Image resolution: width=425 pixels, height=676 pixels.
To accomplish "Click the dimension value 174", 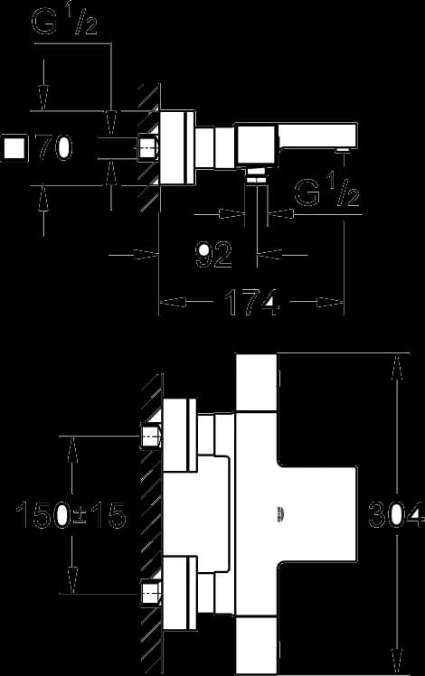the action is coord(252,302).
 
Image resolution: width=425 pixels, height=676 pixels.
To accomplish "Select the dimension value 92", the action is coord(213,254).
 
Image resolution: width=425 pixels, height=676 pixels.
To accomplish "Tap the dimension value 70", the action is coord(53,148).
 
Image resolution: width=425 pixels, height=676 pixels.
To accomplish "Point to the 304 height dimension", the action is coord(395,515).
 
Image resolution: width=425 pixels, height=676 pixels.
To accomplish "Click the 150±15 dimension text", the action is coord(71,515).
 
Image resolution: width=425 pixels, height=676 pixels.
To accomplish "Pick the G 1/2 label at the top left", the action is coord(65,20).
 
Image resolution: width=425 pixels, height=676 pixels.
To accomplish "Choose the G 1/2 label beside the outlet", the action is coord(326,192).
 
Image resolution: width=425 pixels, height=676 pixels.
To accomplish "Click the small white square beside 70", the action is coord(14,148).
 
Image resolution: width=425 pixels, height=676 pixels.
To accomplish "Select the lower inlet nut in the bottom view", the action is coord(151,594).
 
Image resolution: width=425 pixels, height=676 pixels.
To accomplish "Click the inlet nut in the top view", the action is coord(147,148).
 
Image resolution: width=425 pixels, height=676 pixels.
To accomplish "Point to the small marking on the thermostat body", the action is coord(281,515).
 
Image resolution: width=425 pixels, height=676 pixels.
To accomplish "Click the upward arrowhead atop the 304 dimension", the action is coord(397,367).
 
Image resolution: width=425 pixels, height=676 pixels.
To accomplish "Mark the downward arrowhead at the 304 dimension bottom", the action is coord(397,662).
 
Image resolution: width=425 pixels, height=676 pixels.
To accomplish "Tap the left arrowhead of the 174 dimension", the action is coord(173,303).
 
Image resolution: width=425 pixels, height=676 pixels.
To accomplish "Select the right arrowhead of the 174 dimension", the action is coord(331,303).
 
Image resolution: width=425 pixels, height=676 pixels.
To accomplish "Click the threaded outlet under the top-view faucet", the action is coord(256,176).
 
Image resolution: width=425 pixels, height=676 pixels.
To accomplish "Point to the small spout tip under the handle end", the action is coord(344,150).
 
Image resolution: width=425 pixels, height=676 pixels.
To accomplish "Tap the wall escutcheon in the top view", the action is coord(178,148).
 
